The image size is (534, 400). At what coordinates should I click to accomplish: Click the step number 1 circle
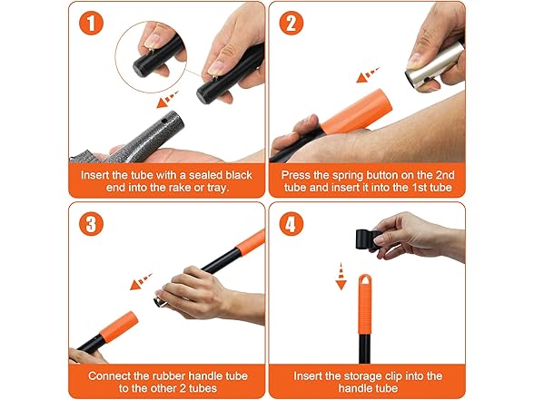point(89,24)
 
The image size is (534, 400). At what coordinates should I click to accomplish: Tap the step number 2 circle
point(292,24)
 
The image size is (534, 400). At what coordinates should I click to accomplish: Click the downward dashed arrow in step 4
point(341,274)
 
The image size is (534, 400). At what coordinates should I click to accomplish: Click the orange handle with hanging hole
point(366,307)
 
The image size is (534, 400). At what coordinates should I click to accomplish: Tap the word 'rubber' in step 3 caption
point(170,375)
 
